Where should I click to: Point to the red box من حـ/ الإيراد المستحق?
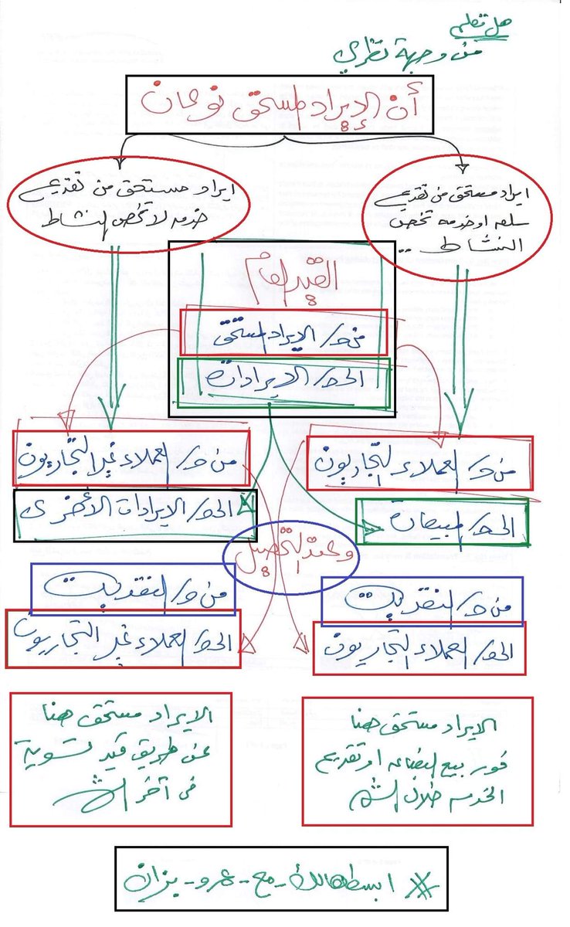pos(283,332)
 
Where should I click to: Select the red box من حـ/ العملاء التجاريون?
pos(419,463)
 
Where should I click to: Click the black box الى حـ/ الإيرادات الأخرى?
pos(124,514)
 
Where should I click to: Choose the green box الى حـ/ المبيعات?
pos(442,521)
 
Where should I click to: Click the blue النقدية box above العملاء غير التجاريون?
pos(133,589)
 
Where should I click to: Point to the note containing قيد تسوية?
pos(120,759)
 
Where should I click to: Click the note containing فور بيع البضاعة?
pos(417,761)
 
